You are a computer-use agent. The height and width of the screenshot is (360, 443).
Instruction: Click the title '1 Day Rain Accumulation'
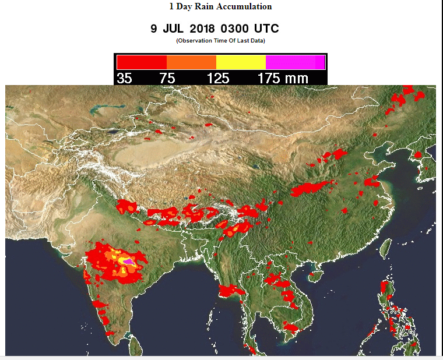[x=220, y=7]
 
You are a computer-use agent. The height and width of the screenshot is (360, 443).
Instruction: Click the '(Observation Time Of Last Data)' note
[x=220, y=40]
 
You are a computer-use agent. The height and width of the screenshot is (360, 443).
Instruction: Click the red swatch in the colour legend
[x=142, y=62]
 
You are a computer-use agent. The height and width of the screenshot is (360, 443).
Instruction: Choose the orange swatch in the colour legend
[x=191, y=62]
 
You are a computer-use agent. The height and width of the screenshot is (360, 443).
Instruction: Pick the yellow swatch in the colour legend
[x=241, y=62]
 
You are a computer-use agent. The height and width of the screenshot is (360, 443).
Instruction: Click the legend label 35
[x=124, y=78]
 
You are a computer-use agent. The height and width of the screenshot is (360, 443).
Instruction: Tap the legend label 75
[x=167, y=78]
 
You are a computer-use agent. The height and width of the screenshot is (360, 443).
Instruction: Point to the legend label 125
[x=217, y=78]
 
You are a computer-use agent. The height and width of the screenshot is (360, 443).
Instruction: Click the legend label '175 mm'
[x=283, y=78]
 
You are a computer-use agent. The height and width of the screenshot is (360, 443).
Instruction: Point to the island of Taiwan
[x=385, y=251]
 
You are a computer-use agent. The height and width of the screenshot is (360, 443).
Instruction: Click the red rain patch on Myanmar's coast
[x=231, y=290]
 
